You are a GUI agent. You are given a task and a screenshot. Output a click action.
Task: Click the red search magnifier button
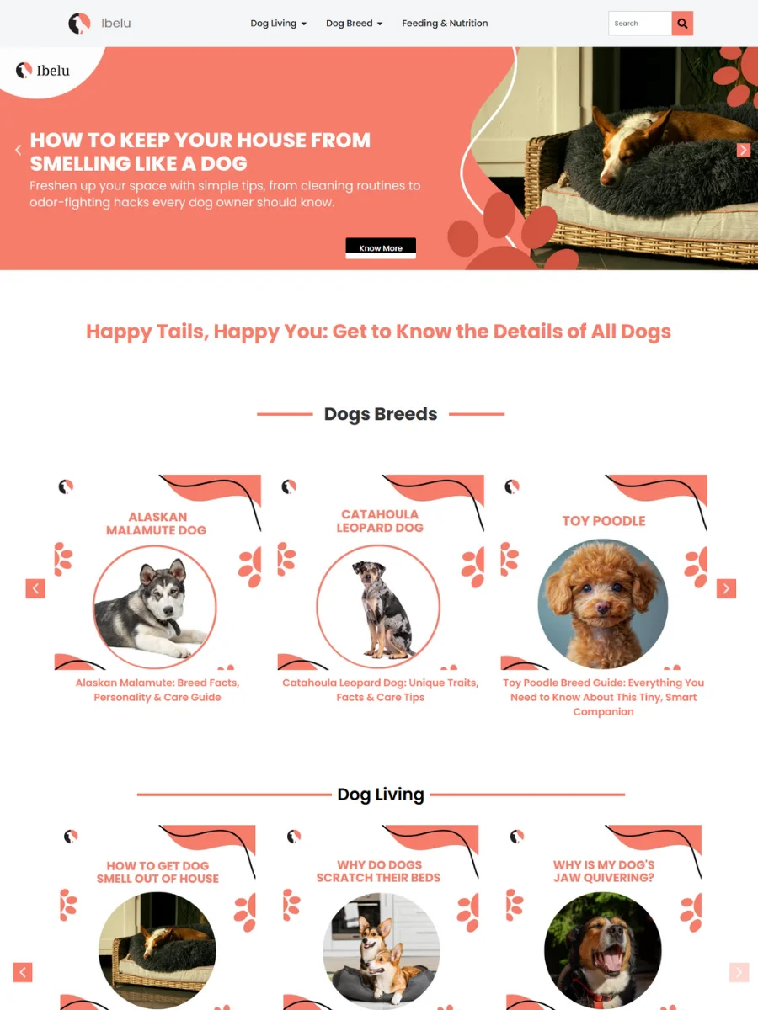pyautogui.click(x=682, y=23)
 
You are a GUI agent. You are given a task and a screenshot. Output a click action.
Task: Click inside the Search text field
pyautogui.click(x=640, y=23)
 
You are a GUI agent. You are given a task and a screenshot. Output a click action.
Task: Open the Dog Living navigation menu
pyautogui.click(x=278, y=23)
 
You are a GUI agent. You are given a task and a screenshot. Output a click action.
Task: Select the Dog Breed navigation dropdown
pyautogui.click(x=354, y=23)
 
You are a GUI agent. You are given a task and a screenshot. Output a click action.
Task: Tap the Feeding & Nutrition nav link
pyautogui.click(x=445, y=23)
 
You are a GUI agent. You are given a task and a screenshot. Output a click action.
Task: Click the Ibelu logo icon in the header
pyautogui.click(x=79, y=23)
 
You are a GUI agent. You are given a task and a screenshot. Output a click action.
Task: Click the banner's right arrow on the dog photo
pyautogui.click(x=744, y=150)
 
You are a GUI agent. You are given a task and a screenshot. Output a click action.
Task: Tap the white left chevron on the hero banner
pyautogui.click(x=19, y=150)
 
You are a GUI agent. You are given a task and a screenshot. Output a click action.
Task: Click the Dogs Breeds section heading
pyautogui.click(x=381, y=413)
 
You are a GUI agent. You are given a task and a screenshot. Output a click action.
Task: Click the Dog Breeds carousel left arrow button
pyautogui.click(x=35, y=588)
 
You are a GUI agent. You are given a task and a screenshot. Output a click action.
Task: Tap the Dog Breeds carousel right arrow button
pyautogui.click(x=726, y=588)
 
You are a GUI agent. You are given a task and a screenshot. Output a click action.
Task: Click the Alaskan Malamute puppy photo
pyautogui.click(x=155, y=607)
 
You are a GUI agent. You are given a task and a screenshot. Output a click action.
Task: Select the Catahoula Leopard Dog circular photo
pyautogui.click(x=378, y=606)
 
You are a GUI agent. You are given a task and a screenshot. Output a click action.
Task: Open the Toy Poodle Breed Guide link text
pyautogui.click(x=603, y=697)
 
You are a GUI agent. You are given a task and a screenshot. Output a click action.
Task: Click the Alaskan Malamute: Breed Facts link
pyautogui.click(x=157, y=689)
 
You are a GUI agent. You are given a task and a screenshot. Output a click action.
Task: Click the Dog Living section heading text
pyautogui.click(x=381, y=794)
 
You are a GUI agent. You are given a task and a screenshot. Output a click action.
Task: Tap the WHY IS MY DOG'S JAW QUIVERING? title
pyautogui.click(x=603, y=870)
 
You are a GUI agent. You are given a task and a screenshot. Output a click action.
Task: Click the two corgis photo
pyautogui.click(x=381, y=950)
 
